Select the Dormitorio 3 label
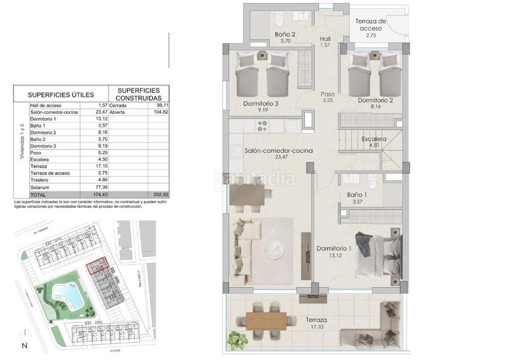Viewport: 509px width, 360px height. point(261,102)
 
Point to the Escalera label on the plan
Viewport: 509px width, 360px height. point(373,138)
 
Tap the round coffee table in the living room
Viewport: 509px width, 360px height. point(275,247)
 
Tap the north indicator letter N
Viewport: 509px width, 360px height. point(24,346)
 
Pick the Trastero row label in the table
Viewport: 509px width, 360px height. point(39,180)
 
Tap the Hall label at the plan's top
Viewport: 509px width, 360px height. point(325,38)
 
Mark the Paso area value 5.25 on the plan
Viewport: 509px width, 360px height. point(328,100)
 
